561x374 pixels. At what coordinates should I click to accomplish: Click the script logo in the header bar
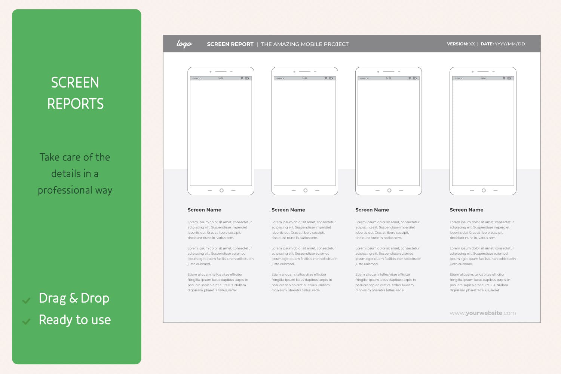[184, 44]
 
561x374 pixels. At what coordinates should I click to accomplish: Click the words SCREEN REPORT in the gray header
[230, 44]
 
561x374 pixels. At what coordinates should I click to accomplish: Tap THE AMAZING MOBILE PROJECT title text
[304, 44]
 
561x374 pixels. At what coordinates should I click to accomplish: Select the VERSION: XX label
[460, 44]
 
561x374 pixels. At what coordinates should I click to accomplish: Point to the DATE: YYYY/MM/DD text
[503, 44]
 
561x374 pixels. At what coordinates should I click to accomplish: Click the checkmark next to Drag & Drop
[26, 300]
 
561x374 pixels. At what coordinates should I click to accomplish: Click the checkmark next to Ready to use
[26, 322]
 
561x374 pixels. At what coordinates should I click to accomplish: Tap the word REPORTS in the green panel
[75, 104]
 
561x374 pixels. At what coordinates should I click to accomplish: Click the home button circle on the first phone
[221, 190]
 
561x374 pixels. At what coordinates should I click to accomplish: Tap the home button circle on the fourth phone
[484, 190]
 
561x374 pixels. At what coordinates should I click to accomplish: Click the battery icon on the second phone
[331, 79]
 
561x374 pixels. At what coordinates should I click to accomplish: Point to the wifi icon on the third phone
[410, 79]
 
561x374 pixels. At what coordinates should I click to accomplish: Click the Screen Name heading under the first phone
[204, 210]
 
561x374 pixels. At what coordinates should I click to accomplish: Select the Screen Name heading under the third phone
[372, 210]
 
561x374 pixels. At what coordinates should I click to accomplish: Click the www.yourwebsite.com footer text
[482, 313]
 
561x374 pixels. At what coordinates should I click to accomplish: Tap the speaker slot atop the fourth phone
[483, 71]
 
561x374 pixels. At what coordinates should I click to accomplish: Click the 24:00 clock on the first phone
[221, 79]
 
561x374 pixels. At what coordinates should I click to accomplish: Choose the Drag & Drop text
[74, 298]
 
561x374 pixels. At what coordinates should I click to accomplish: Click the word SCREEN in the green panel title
[75, 83]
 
